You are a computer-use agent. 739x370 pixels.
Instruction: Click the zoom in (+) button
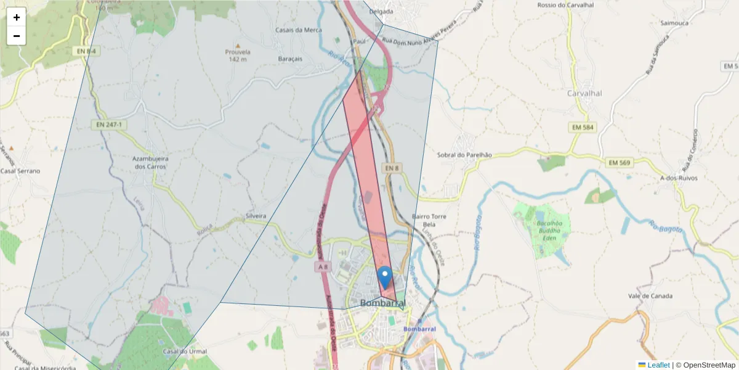point(17,17)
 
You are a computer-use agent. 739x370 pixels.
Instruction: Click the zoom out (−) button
point(17,36)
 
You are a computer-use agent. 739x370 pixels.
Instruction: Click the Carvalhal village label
point(584,93)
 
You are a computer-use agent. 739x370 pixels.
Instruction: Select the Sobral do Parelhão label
point(464,155)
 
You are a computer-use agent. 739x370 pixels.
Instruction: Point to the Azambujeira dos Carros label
point(151,162)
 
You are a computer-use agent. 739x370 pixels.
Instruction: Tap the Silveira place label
point(256,216)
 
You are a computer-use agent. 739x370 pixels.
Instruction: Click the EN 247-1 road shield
point(109,125)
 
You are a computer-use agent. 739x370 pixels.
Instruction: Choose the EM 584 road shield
point(582,127)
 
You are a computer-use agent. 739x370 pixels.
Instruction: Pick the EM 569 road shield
point(619,162)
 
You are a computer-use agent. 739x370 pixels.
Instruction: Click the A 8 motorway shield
point(323,266)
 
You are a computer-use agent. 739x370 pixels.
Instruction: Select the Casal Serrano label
point(20,171)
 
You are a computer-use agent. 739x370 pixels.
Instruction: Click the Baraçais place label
point(291,59)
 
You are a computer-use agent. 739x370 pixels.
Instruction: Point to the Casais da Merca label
point(299,30)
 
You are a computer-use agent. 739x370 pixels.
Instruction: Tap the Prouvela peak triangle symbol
point(238,45)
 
